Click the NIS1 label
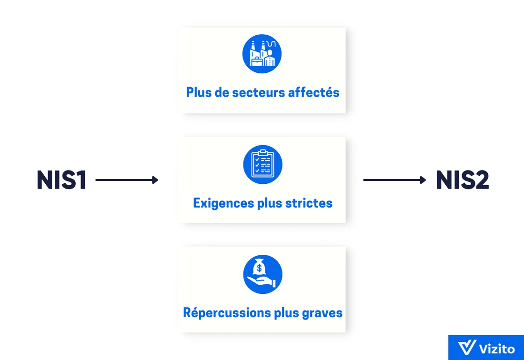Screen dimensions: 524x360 pos(61,180)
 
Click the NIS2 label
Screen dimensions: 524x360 pos(463,180)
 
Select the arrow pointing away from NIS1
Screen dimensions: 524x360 pos(127,180)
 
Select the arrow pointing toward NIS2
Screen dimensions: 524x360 pos(395,180)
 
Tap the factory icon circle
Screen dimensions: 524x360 pos(262,54)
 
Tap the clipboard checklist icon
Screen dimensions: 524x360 pos(262,164)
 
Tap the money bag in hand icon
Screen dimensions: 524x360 pos(262,274)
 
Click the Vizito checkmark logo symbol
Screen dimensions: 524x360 pos(467,348)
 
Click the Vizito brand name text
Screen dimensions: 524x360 pos(497,349)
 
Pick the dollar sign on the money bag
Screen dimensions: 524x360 pos(259,268)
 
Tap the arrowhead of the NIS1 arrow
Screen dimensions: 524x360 pos(155,180)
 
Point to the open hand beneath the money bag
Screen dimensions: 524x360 pos(262,281)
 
